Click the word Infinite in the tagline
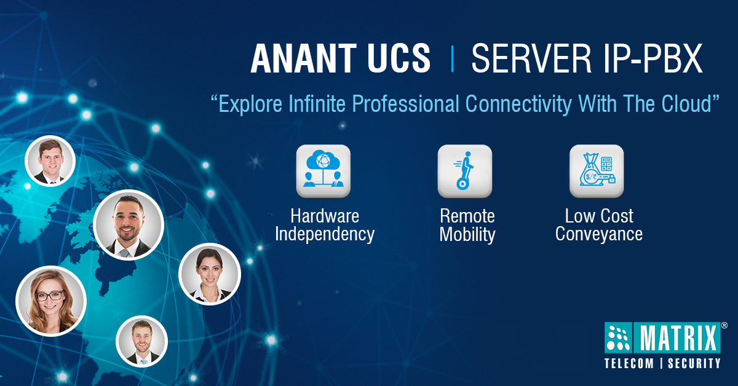[x=320, y=104]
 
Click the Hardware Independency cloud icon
[x=323, y=171]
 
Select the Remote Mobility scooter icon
[x=464, y=171]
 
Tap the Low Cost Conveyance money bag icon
[x=597, y=171]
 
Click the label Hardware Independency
[x=325, y=225]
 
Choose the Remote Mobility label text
[x=467, y=225]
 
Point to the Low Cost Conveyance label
[x=598, y=225]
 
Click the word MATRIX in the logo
[x=680, y=337]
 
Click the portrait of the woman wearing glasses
[x=51, y=301]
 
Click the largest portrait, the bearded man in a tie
[x=128, y=224]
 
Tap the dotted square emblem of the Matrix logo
[x=619, y=337]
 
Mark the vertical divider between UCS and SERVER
[x=453, y=60]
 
